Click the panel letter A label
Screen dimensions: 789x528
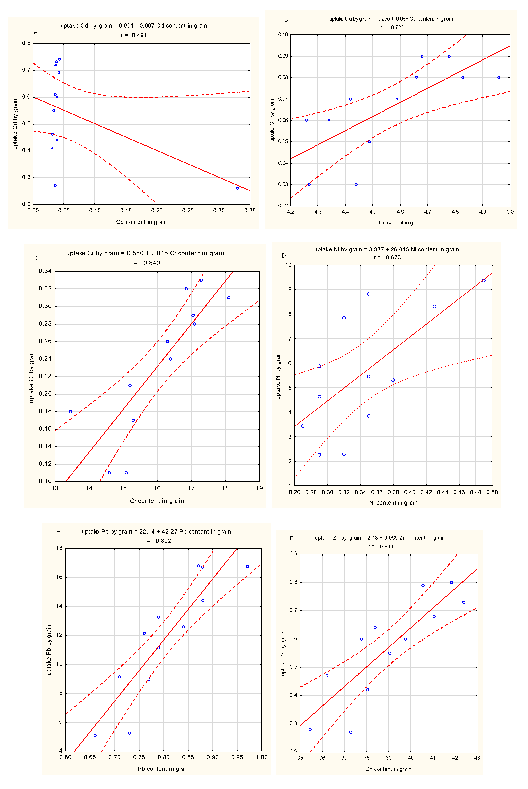tap(35, 32)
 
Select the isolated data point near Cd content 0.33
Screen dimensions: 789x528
tap(237, 188)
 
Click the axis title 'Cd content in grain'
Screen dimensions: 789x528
tap(141, 222)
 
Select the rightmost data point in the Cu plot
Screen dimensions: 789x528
tap(499, 78)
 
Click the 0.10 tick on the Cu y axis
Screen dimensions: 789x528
tap(283, 35)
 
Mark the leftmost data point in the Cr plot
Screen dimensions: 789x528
tap(70, 412)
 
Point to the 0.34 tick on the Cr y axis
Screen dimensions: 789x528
tap(45, 271)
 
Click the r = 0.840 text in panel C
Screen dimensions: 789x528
tap(145, 263)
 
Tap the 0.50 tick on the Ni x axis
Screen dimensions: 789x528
tap(492, 492)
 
